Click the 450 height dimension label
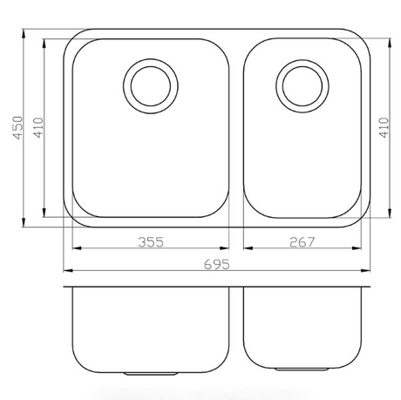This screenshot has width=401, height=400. pyautogui.click(x=17, y=128)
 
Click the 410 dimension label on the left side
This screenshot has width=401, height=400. pyautogui.click(x=38, y=127)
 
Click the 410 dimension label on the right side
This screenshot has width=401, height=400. pyautogui.click(x=384, y=127)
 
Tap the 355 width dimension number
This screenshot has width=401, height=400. pyautogui.click(x=151, y=242)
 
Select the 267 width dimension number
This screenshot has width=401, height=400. pyautogui.click(x=302, y=242)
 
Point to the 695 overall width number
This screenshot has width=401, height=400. pyautogui.click(x=217, y=264)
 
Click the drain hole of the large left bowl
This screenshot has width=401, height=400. pyautogui.click(x=151, y=86)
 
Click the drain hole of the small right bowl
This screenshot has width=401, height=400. pyautogui.click(x=302, y=86)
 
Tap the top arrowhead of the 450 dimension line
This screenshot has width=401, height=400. pyautogui.click(x=23, y=33)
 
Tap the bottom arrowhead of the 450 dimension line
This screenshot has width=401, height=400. pyautogui.click(x=23, y=222)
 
